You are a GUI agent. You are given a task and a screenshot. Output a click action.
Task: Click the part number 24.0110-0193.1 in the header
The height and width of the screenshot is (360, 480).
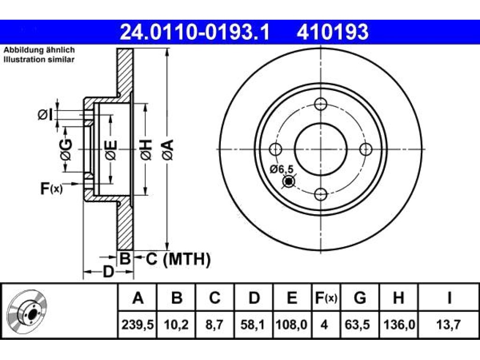coord(195,32)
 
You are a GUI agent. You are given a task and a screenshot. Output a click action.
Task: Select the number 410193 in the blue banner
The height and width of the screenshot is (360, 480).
coord(332,32)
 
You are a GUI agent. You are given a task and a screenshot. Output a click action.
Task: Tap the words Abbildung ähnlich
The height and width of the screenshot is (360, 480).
coord(39,50)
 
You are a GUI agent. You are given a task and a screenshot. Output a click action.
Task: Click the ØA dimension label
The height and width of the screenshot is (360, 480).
coord(168,150)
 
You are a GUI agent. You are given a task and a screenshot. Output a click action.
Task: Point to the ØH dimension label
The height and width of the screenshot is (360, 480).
coord(146,150)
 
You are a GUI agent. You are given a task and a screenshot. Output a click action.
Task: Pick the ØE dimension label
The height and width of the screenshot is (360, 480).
coord(111,150)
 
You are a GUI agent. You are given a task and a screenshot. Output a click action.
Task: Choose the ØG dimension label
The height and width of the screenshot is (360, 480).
coord(66,150)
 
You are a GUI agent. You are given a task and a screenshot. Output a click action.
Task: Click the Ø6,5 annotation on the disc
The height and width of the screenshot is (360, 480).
coord(282,169)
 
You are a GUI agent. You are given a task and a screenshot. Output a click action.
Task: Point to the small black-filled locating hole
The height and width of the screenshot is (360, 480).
coord(289,182)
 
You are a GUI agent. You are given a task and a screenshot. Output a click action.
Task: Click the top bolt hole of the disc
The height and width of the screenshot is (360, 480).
coord(321,104)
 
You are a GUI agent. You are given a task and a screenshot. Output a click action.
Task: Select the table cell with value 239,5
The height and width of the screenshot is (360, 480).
coord(137,324)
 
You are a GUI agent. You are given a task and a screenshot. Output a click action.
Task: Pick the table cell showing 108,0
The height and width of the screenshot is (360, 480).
coord(292,324)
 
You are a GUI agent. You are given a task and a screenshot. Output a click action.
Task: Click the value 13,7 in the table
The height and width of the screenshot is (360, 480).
coord(449,324)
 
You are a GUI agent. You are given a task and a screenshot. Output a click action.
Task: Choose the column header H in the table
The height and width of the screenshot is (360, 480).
coord(398,298)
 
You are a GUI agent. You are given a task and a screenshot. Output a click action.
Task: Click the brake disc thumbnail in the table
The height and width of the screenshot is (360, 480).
coord(27,311)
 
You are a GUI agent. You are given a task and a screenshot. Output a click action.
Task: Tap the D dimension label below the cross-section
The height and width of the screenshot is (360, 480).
coord(108,272)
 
